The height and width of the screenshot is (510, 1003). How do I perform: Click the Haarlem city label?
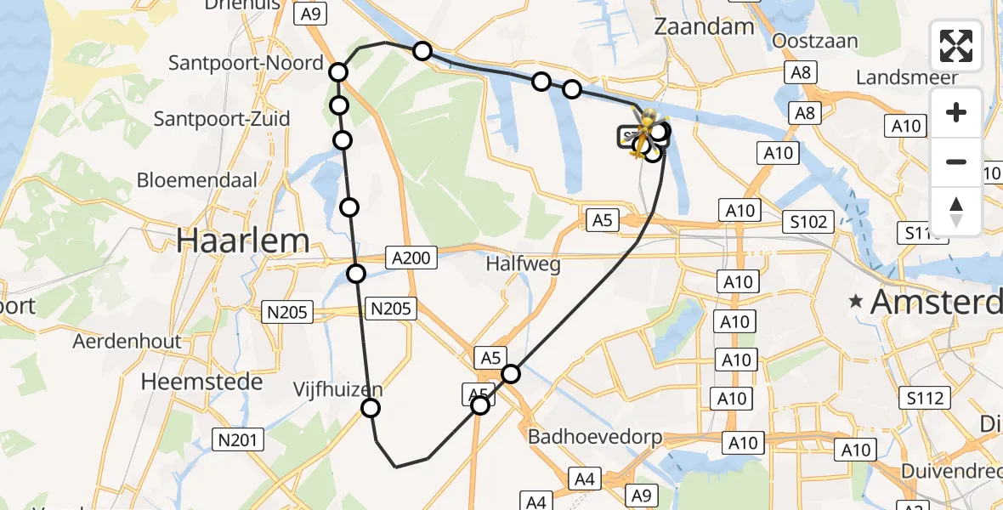tap(243, 241)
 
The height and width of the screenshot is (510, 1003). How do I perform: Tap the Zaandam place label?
tap(704, 26)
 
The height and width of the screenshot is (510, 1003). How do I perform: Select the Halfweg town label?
tap(524, 264)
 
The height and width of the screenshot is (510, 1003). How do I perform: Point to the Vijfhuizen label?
tap(338, 390)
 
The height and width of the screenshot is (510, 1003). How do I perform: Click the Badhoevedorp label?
tap(594, 438)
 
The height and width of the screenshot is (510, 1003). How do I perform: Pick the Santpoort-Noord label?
tap(246, 63)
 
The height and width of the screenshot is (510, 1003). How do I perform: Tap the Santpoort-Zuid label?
tap(222, 119)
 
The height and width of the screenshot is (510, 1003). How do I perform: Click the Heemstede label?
tap(201, 382)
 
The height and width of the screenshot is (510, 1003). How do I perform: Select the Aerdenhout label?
tap(127, 342)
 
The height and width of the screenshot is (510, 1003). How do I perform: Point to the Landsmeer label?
tap(907, 77)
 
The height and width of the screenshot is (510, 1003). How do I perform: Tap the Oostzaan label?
tap(815, 42)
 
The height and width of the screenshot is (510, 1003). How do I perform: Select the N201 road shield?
tap(238, 439)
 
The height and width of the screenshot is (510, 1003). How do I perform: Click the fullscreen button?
tap(956, 46)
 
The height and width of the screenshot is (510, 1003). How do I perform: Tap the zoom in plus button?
tap(956, 113)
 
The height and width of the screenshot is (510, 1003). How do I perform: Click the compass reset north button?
tap(956, 211)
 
